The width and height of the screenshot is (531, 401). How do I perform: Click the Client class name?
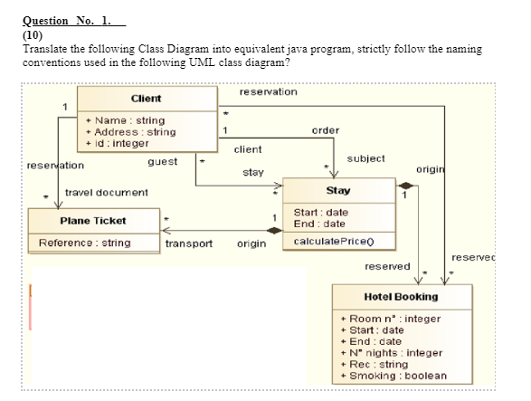coord(146,98)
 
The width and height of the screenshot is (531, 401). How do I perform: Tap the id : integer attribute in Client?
coord(117,143)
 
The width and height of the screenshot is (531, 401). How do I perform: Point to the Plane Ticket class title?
coord(92,221)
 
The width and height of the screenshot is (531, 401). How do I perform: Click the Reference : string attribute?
coord(84,243)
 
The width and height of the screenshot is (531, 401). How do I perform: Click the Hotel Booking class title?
coord(400,297)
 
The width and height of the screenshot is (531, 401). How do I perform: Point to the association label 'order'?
coord(325,129)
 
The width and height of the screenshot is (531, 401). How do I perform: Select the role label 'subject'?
coord(365,158)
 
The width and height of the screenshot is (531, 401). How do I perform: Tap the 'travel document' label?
coord(106,193)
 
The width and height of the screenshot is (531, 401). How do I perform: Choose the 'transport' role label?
coord(189,243)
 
